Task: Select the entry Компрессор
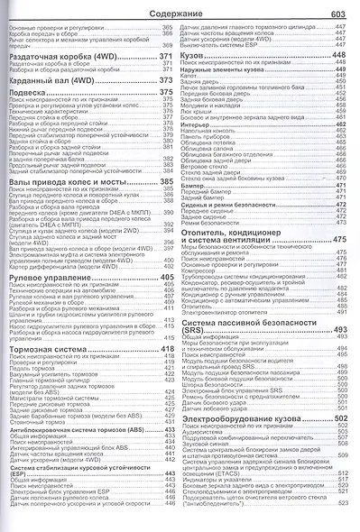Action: pyautogui.click(x=203, y=269)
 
